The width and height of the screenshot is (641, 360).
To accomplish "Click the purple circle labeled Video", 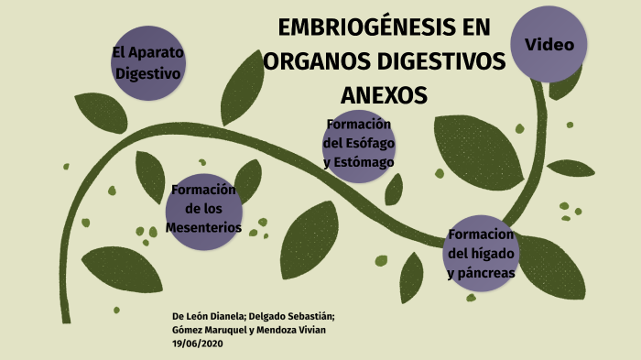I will pos(549,44).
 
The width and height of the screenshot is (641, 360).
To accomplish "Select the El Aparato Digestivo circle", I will pos(148,62).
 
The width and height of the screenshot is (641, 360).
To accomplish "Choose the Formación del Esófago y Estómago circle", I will pos(359,144).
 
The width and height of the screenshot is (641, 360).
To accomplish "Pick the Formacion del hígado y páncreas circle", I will pos(482,254).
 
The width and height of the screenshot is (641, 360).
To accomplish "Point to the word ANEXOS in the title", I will pos(384,95).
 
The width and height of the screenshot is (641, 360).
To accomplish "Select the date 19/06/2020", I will pos(198,344).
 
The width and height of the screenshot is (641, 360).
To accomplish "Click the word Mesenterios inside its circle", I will pos(204,226).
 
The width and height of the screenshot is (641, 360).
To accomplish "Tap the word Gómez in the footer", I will pos(187,330).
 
